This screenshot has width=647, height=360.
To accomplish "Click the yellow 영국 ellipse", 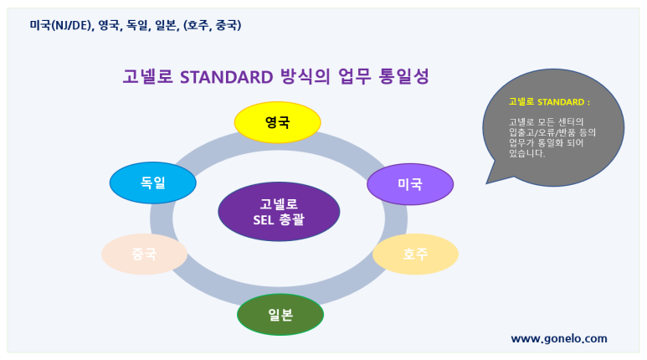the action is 277,122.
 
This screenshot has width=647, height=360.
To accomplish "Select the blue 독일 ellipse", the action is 152,183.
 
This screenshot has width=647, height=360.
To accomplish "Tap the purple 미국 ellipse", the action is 410,184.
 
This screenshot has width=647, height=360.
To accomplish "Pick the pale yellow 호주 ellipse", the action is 415,254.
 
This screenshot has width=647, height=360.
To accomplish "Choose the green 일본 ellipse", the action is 280,315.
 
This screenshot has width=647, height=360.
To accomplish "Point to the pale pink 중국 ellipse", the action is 145,254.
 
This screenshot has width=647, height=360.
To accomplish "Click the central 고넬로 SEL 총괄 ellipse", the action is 279,212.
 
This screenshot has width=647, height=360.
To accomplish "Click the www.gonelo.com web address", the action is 559,339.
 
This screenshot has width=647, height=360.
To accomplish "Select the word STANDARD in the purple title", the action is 227,77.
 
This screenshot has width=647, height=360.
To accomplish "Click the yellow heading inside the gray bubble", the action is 549,102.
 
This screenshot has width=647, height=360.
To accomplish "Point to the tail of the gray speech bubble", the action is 487,183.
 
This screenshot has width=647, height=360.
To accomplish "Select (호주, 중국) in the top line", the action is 212,25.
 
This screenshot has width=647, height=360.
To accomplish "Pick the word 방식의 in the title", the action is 306,76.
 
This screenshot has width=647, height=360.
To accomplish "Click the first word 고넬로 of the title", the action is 147,76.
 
